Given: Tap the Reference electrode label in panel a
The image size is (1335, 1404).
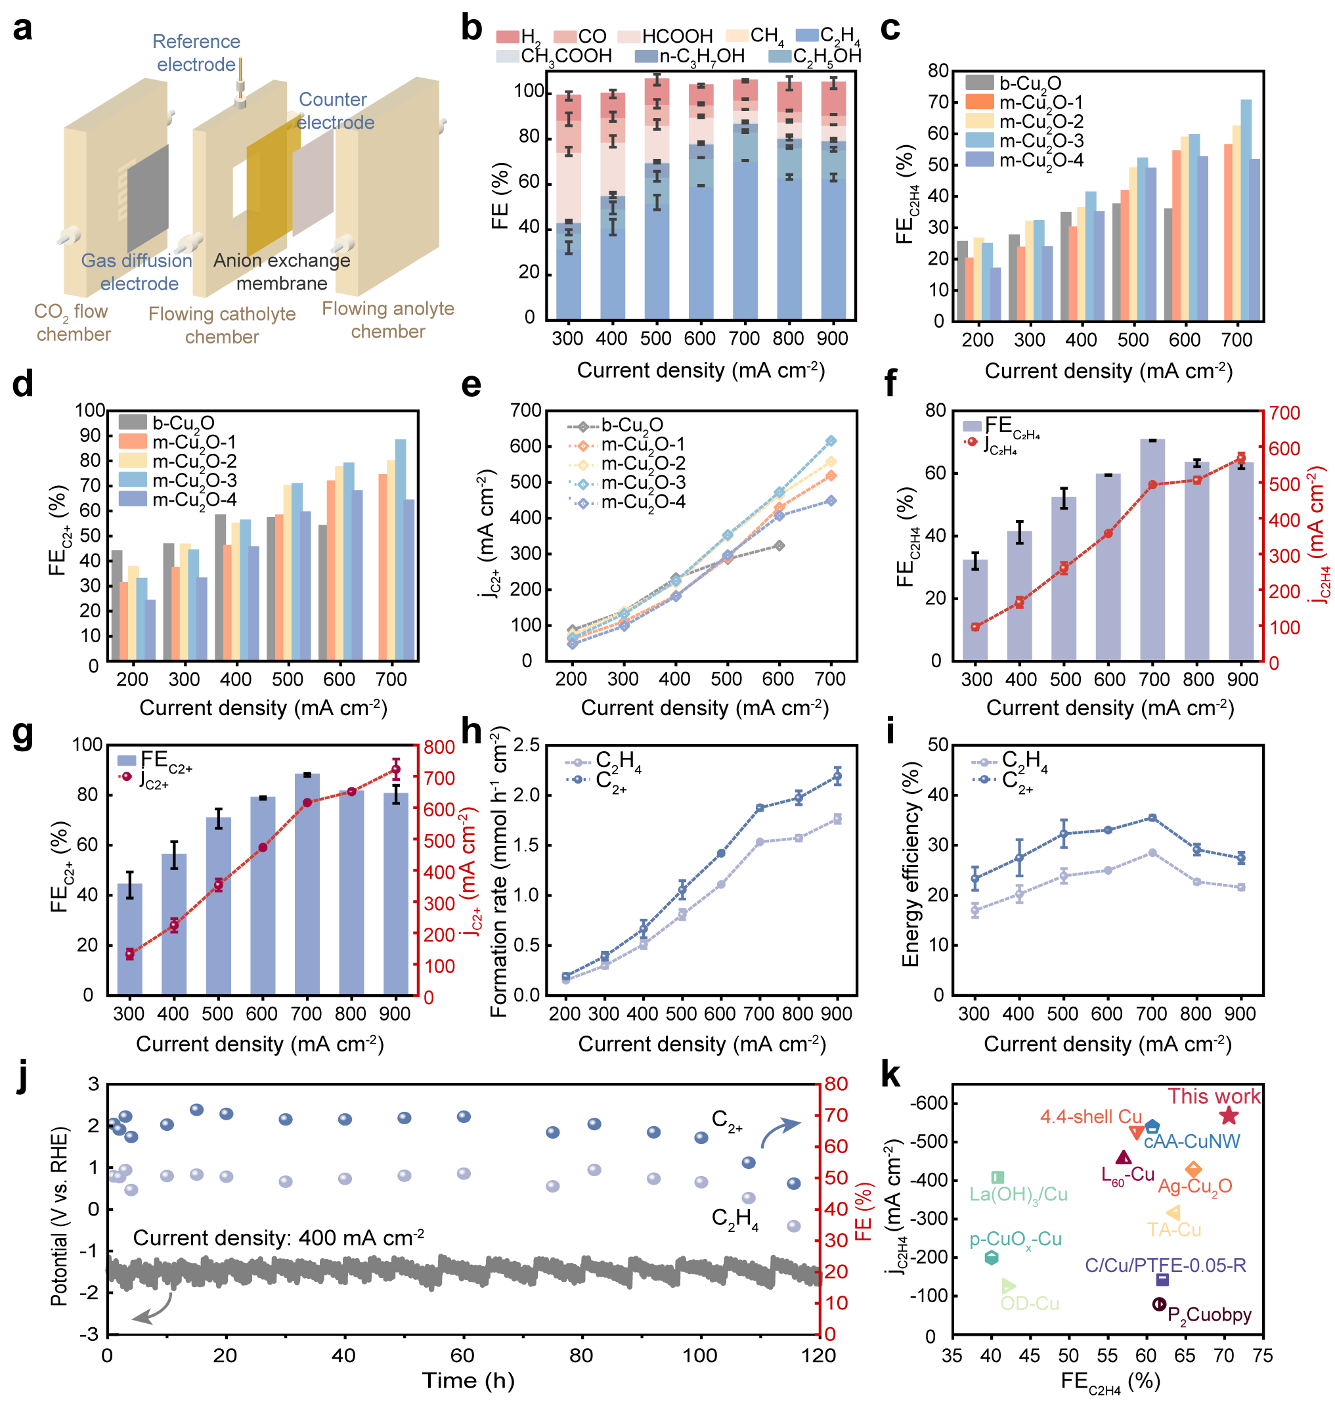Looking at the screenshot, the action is [196, 53].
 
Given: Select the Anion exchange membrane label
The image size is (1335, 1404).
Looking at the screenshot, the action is [282, 272].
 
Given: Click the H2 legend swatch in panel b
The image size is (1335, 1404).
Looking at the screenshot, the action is [508, 36].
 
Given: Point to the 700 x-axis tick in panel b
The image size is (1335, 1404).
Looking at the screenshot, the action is [745, 339].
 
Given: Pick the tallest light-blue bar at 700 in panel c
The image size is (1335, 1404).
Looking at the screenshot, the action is [1246, 211].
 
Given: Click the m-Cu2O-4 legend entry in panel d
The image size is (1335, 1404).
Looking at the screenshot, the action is [178, 500].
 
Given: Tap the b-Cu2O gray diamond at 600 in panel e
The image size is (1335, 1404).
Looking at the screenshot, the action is [779, 546].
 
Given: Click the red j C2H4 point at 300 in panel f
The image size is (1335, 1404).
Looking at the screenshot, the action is [975, 627].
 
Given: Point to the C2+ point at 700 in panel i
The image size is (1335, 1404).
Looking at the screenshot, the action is [1152, 818].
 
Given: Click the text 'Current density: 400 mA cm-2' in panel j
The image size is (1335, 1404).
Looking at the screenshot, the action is [279, 1239].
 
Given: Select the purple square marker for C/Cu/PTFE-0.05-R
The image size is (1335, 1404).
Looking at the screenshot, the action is [1162, 1280].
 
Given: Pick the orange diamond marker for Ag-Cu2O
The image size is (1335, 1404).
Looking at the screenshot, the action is [1193, 1169].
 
